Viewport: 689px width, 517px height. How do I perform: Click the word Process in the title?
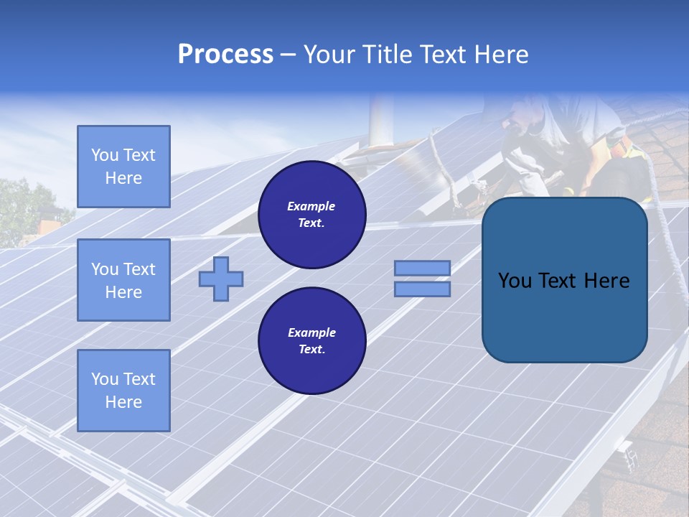pos(225,55)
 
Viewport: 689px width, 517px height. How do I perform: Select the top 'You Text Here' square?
pos(123,167)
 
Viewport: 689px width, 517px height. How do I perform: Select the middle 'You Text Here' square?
pos(123,280)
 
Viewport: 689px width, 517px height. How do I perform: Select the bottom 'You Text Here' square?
pos(123,391)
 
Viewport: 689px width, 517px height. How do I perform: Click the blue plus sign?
pos(221,279)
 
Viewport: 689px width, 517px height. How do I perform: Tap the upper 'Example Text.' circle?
pos(311,215)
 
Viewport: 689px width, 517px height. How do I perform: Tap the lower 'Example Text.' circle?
pos(311,341)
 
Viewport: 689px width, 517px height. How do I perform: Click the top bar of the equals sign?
pos(422,268)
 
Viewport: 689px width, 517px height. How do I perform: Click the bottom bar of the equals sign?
pos(422,289)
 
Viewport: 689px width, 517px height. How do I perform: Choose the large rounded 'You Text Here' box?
pos(564,280)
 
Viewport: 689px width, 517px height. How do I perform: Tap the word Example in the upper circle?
pos(311,207)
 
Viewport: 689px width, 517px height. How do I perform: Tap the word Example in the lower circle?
pos(311,333)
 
